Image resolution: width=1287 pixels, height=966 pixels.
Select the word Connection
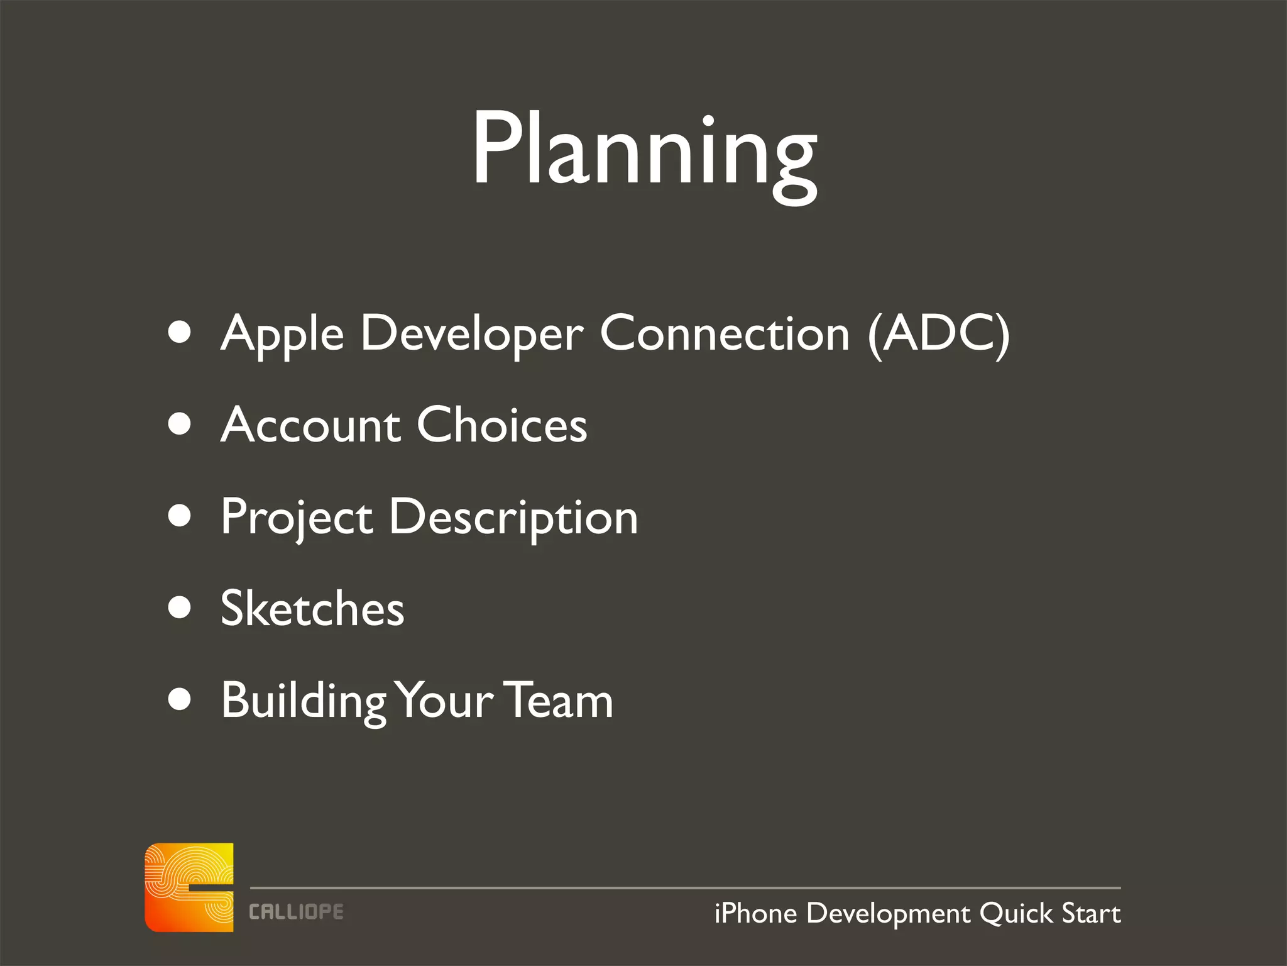(x=725, y=333)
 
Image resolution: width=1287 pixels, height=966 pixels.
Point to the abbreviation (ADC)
(x=938, y=333)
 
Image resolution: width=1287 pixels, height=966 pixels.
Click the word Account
(x=310, y=426)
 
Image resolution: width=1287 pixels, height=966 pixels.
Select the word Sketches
(x=312, y=609)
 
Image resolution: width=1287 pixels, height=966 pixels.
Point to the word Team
(x=559, y=700)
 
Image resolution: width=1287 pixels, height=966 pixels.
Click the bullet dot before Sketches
(x=180, y=608)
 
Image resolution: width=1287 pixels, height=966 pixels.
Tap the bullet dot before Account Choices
(x=180, y=424)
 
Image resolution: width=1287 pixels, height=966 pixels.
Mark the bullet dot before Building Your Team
(x=180, y=699)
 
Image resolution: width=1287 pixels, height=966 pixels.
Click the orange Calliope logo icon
(x=189, y=887)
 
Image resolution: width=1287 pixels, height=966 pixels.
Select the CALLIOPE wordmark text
(x=296, y=912)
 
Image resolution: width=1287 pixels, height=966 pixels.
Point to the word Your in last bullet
(x=446, y=700)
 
